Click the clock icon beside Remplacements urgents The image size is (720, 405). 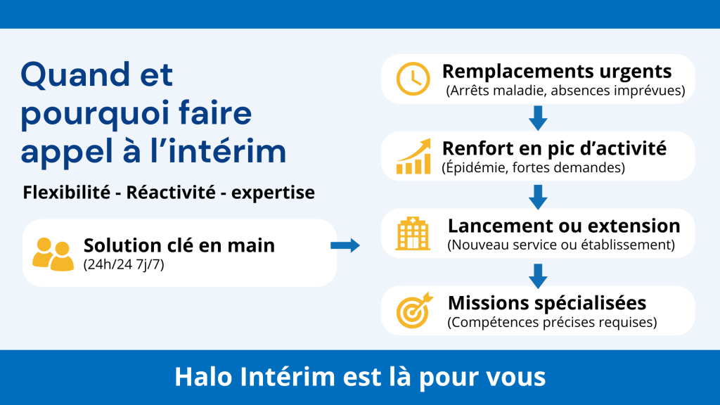tap(413, 79)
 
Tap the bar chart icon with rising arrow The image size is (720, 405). tap(413, 157)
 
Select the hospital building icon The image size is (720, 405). tap(413, 233)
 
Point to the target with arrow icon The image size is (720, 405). tap(413, 311)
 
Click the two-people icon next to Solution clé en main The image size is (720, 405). tap(53, 254)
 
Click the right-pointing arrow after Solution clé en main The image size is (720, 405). tap(345, 245)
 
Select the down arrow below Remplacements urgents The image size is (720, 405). tap(538, 118)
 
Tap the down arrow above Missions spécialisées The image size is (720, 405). tap(538, 276)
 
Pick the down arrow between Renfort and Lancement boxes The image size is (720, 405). tap(538, 197)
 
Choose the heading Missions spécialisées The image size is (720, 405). tap(547, 303)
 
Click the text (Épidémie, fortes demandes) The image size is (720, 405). tap(533, 168)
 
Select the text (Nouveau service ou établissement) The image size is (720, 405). tap(561, 245)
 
